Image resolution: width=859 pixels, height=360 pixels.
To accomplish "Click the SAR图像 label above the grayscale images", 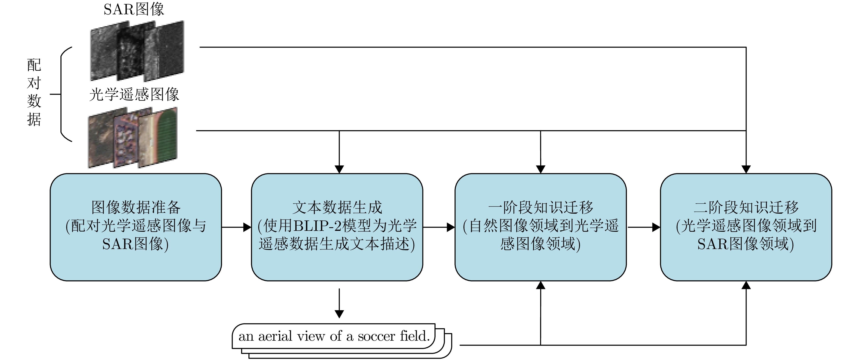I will (x=134, y=9).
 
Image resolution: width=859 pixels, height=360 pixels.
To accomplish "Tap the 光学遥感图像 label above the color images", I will (x=134, y=94).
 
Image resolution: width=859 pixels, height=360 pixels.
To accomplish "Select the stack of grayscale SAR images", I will (x=137, y=51).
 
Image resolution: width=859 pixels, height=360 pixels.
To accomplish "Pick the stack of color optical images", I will (x=133, y=137).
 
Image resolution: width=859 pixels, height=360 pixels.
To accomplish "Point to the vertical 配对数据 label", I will (x=34, y=92).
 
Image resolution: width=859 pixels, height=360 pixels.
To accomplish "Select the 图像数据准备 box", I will (x=136, y=227).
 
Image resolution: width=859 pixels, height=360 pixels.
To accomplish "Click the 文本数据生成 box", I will (x=337, y=227).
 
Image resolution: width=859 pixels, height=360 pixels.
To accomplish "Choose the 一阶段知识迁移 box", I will (x=541, y=227).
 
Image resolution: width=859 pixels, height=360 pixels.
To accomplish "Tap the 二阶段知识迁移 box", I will (x=746, y=227).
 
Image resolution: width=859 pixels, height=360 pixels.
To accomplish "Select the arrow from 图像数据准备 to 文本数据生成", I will (x=236, y=227).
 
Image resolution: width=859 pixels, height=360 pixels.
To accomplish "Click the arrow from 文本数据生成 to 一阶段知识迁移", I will (x=439, y=227).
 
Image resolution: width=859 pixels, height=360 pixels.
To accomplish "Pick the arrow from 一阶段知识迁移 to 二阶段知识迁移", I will (x=644, y=227).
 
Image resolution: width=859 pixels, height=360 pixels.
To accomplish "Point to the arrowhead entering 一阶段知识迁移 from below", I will (x=541, y=285).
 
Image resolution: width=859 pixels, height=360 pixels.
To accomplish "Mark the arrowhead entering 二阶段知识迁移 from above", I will (x=746, y=169).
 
